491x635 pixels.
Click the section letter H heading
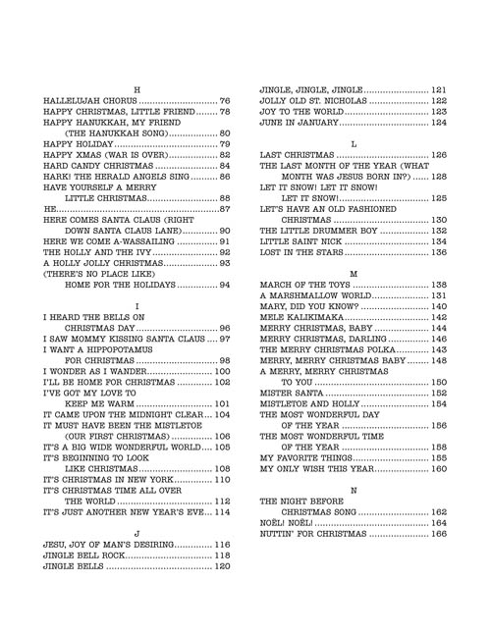(x=136, y=89)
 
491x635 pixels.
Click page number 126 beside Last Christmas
(x=439, y=155)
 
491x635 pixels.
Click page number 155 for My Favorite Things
(x=439, y=458)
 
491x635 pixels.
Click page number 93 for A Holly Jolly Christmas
(x=224, y=237)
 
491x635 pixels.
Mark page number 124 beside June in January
(x=439, y=124)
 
